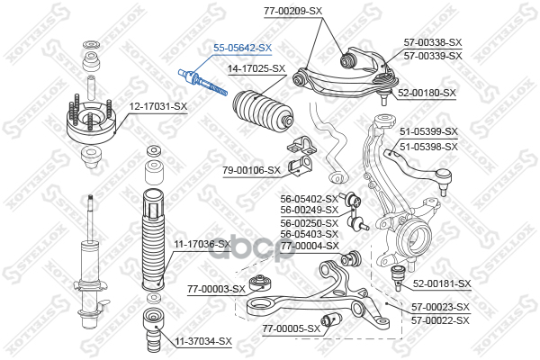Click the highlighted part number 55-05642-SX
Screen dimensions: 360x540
point(240,48)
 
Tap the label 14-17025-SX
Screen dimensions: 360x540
point(256,68)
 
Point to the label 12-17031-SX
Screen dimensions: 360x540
point(157,107)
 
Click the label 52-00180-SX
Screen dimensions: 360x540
point(427,93)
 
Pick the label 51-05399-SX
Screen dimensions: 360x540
point(428,132)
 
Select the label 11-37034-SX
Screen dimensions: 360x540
point(202,341)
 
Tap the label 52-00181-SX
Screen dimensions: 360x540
point(442,284)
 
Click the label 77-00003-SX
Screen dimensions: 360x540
point(216,289)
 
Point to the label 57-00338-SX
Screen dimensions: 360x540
point(432,42)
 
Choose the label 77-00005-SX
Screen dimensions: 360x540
point(291,328)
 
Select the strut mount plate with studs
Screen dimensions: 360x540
point(92,125)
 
